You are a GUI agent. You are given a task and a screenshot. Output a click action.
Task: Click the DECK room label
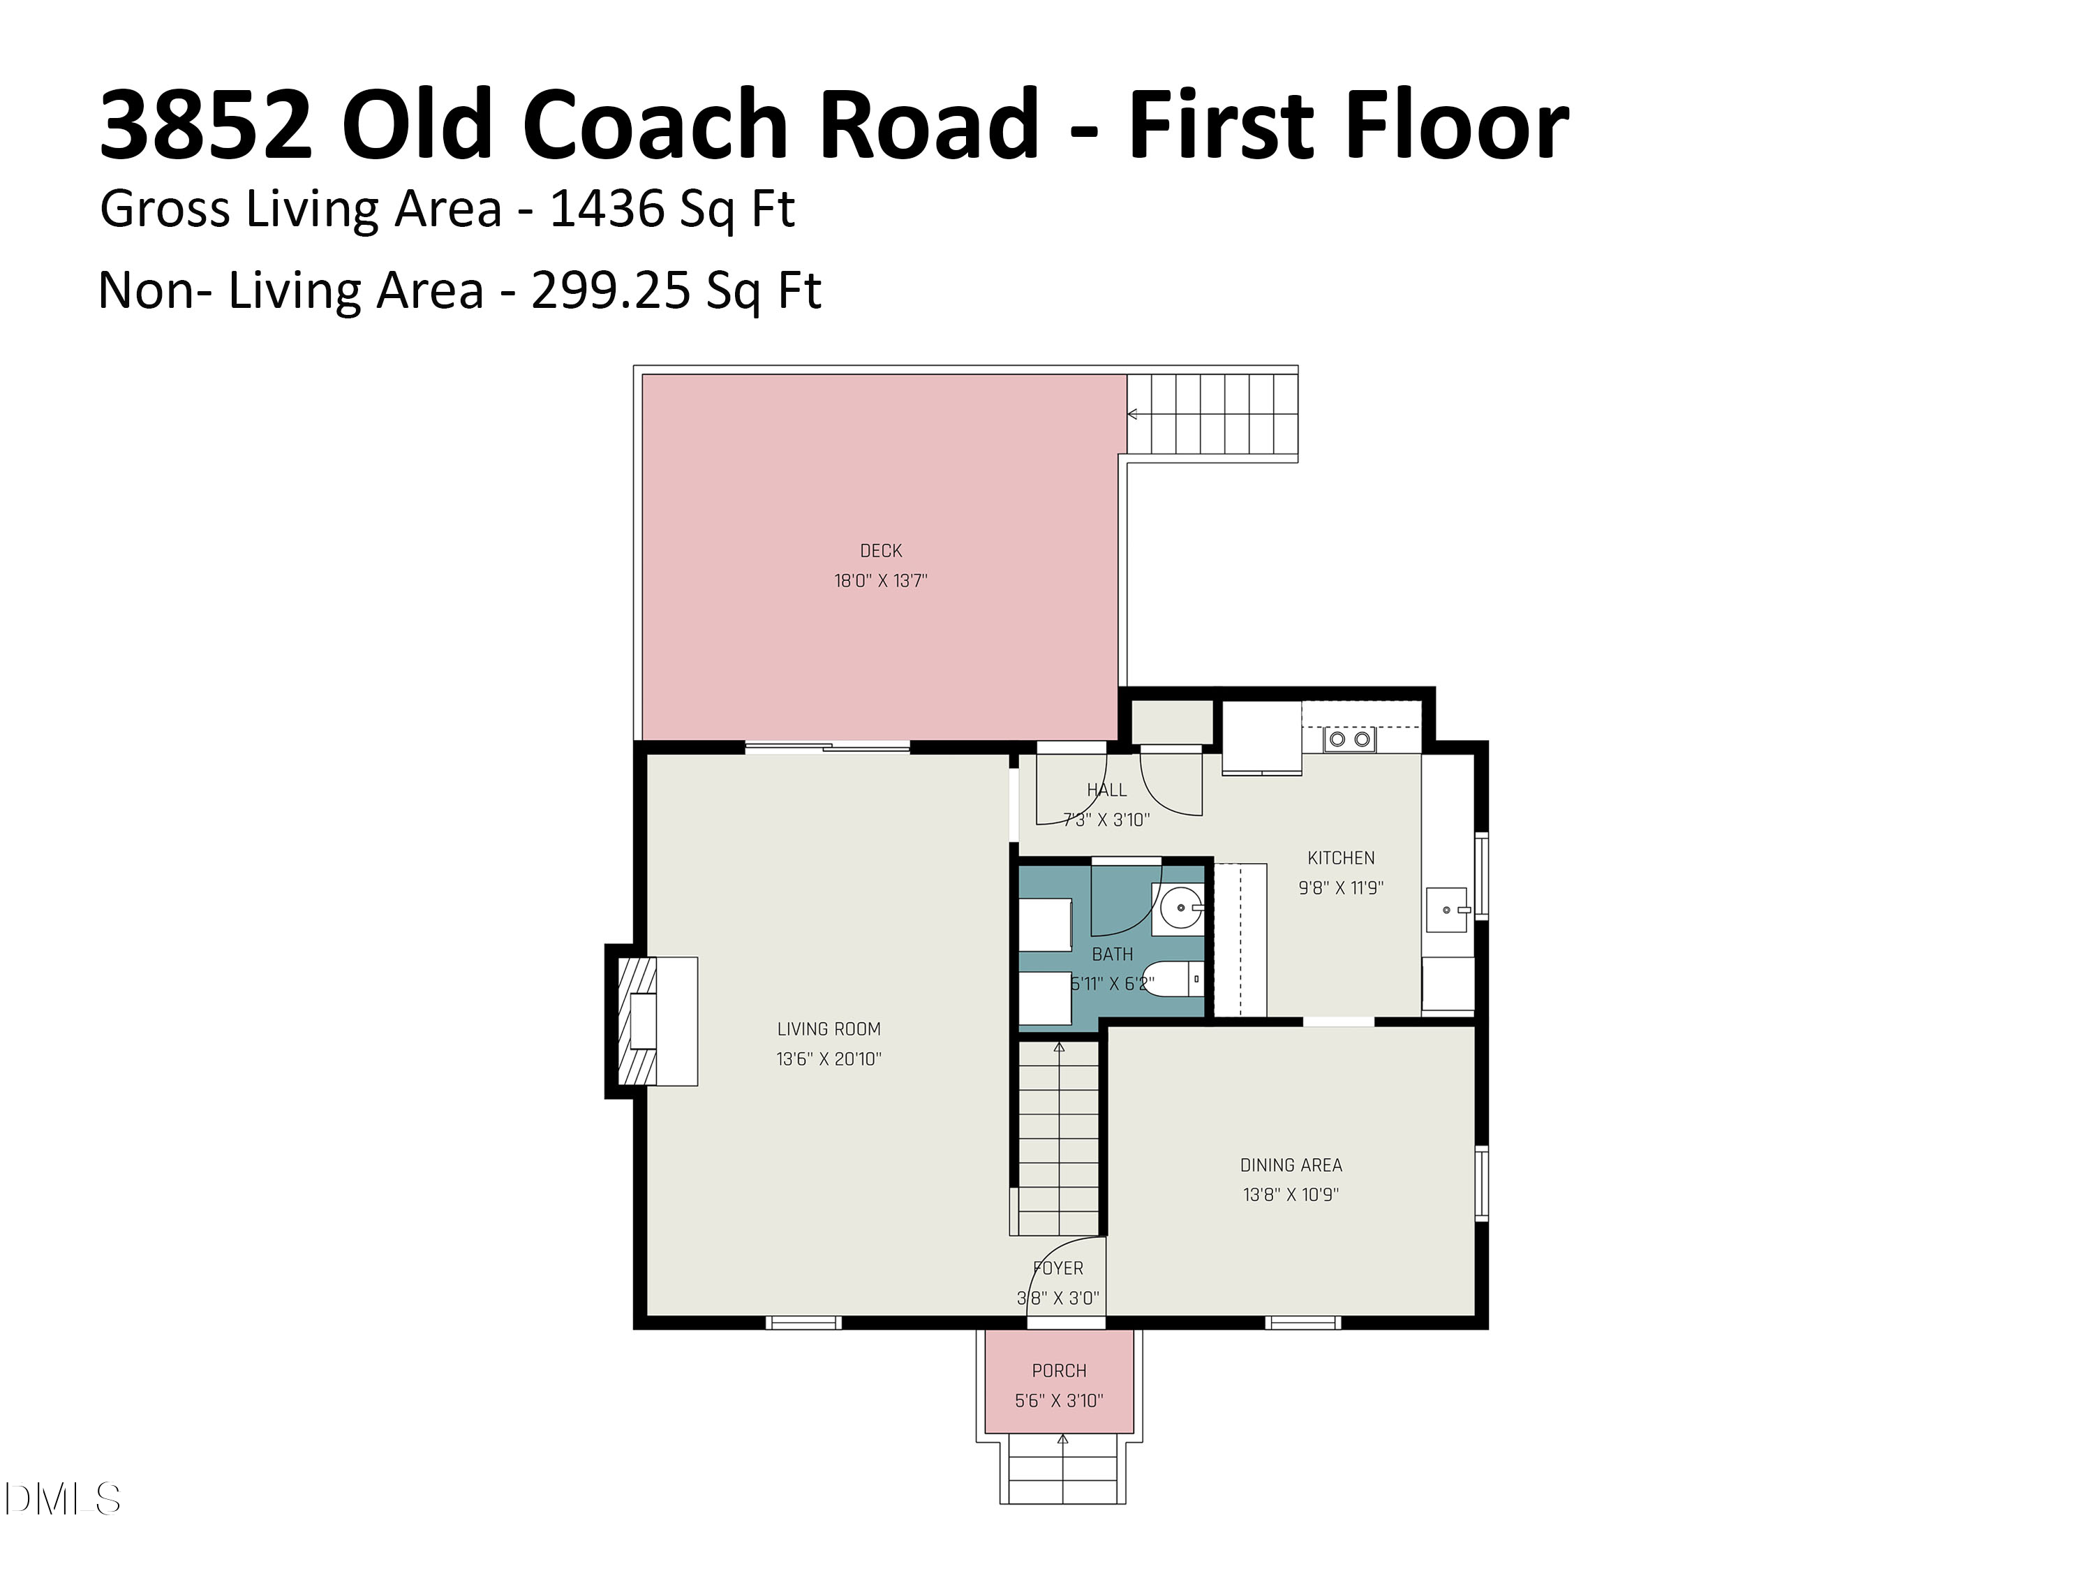[x=880, y=550]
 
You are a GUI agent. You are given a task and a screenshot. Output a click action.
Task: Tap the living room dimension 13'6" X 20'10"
[x=829, y=1059]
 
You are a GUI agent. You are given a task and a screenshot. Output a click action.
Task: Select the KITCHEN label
[x=1340, y=858]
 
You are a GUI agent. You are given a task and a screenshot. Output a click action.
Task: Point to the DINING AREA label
[x=1291, y=1165]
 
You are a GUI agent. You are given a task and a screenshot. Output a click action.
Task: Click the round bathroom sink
[x=1180, y=909]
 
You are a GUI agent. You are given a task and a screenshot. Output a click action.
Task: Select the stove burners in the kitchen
[x=1350, y=739]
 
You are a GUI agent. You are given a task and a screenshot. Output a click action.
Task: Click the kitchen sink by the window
[x=1446, y=909]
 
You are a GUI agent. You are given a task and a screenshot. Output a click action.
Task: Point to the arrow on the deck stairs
[x=1132, y=414]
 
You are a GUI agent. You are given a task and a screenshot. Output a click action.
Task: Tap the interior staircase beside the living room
[x=1058, y=1136]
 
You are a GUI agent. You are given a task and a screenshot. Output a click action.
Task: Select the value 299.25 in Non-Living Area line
[x=611, y=290]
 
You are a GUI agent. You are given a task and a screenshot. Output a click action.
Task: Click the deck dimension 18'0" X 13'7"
[x=880, y=580]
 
